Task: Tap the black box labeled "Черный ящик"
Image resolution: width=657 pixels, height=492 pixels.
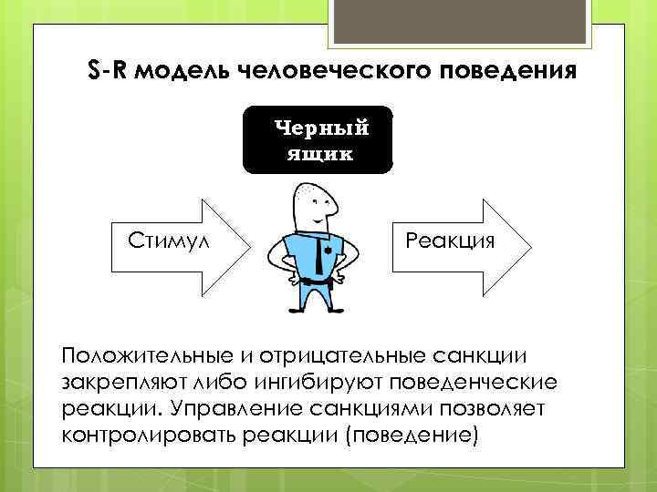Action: (317, 139)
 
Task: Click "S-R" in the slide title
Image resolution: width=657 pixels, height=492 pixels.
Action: (110, 70)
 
